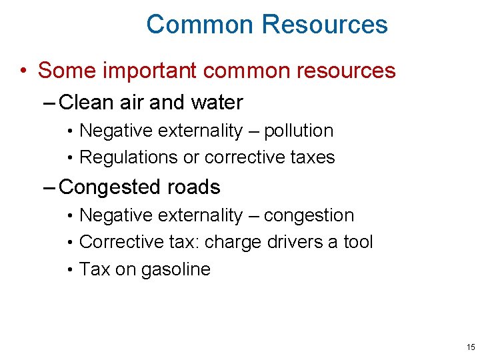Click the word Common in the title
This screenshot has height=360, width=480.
tap(200, 25)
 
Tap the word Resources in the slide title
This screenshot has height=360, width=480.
tap(325, 25)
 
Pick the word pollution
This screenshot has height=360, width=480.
tap(299, 131)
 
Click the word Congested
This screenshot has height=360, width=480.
tap(109, 187)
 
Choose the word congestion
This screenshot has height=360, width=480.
tap(309, 215)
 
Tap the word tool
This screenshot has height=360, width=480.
tap(358, 242)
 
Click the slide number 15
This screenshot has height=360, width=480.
tap(471, 347)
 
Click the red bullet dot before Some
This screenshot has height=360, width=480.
tap(24, 71)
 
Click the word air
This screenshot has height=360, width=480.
tap(133, 103)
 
